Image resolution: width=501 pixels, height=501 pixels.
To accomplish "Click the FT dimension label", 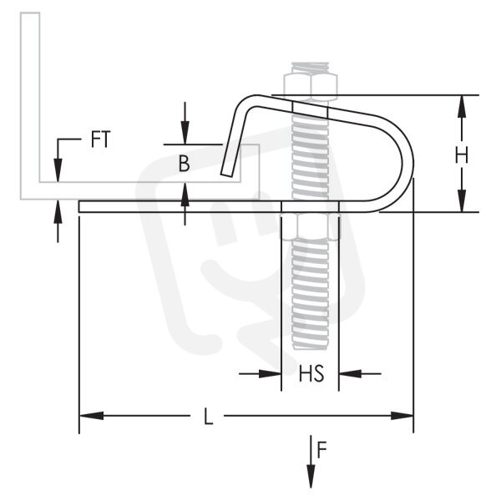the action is [101, 139].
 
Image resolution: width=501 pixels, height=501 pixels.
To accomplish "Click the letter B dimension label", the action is [184, 164].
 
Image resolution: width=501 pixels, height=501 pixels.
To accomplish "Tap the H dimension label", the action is [462, 155].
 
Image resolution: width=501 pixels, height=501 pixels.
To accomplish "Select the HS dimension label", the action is [311, 373].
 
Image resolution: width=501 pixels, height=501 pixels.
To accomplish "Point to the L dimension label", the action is [208, 416].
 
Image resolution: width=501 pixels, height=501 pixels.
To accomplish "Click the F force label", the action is [321, 449].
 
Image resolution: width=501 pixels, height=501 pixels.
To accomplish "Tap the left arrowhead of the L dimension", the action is [91, 416].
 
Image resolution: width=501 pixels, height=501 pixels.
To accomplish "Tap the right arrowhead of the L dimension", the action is [402, 416].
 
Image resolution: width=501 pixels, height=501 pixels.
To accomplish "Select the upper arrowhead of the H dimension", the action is [462, 107].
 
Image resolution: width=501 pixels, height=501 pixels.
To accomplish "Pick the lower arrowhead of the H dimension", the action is [462, 200].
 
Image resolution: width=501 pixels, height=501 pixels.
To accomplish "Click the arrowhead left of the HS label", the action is [270, 373].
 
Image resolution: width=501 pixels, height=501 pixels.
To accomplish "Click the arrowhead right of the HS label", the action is [350, 373].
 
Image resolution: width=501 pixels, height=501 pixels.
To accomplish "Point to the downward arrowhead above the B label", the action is [185, 133].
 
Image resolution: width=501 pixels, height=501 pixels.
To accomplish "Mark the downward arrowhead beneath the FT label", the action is [58, 170].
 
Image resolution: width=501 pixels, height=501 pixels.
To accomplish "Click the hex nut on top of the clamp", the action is [310, 87].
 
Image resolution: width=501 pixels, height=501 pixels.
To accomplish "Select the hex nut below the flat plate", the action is [310, 226].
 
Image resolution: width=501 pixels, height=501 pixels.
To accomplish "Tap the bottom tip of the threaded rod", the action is [310, 347].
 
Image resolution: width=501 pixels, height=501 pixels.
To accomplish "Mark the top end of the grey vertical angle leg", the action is [30, 13].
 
